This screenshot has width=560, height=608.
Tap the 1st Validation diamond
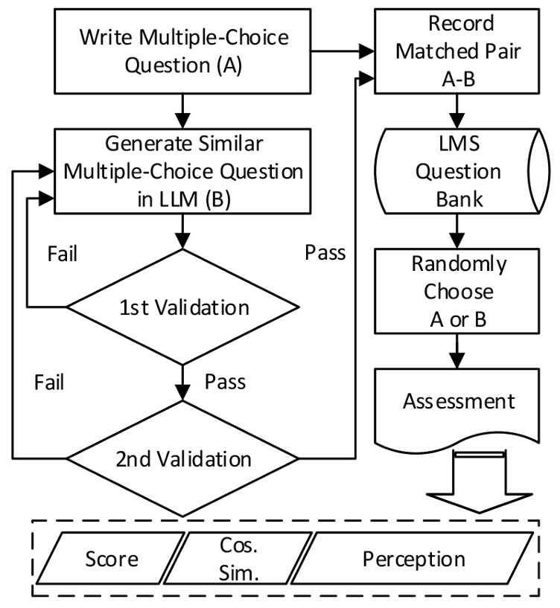182,307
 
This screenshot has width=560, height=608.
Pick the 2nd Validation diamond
182,457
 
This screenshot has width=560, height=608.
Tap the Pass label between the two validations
224,383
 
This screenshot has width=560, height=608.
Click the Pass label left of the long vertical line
325,252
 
